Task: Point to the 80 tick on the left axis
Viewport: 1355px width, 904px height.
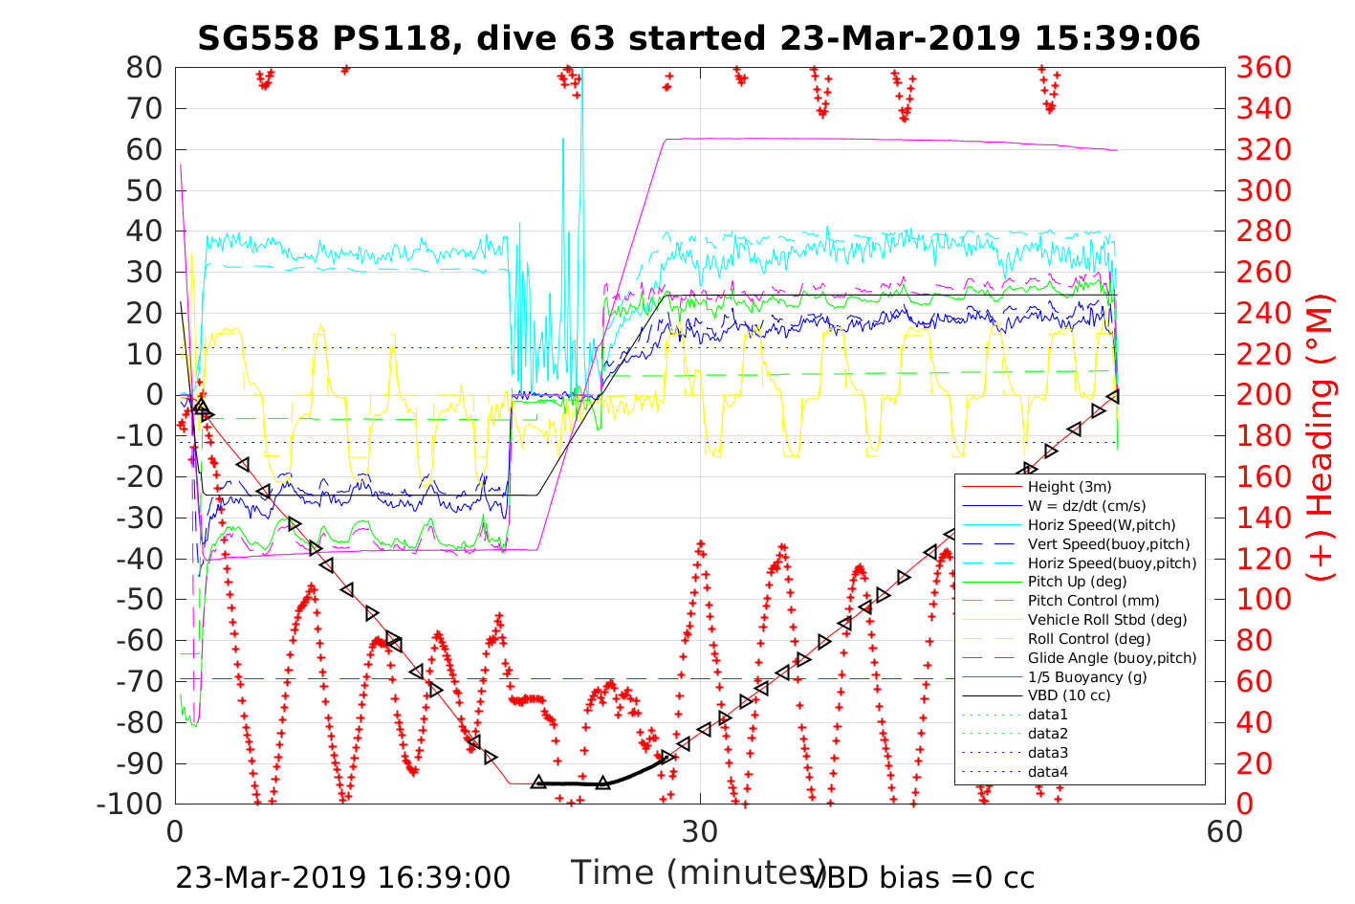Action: pos(144,68)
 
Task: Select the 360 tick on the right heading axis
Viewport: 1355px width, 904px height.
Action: pos(1263,68)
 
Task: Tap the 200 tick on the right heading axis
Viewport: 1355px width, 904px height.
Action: pos(1263,395)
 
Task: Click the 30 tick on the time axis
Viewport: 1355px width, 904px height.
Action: pos(700,831)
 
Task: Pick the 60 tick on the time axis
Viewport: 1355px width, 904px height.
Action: pos(1225,831)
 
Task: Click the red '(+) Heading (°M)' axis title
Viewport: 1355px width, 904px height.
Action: pos(1320,436)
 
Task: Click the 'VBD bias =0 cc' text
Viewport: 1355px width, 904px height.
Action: pos(921,877)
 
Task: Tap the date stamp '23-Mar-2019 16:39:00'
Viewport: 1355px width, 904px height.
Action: pos(342,877)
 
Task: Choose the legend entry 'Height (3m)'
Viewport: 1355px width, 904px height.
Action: pos(1069,487)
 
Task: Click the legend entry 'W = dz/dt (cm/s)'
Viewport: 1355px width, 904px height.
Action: pos(1086,506)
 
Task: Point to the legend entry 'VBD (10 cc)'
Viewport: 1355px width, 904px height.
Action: pos(1069,695)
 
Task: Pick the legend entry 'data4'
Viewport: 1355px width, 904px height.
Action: pos(1048,771)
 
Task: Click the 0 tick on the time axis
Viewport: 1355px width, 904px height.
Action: pos(175,831)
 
